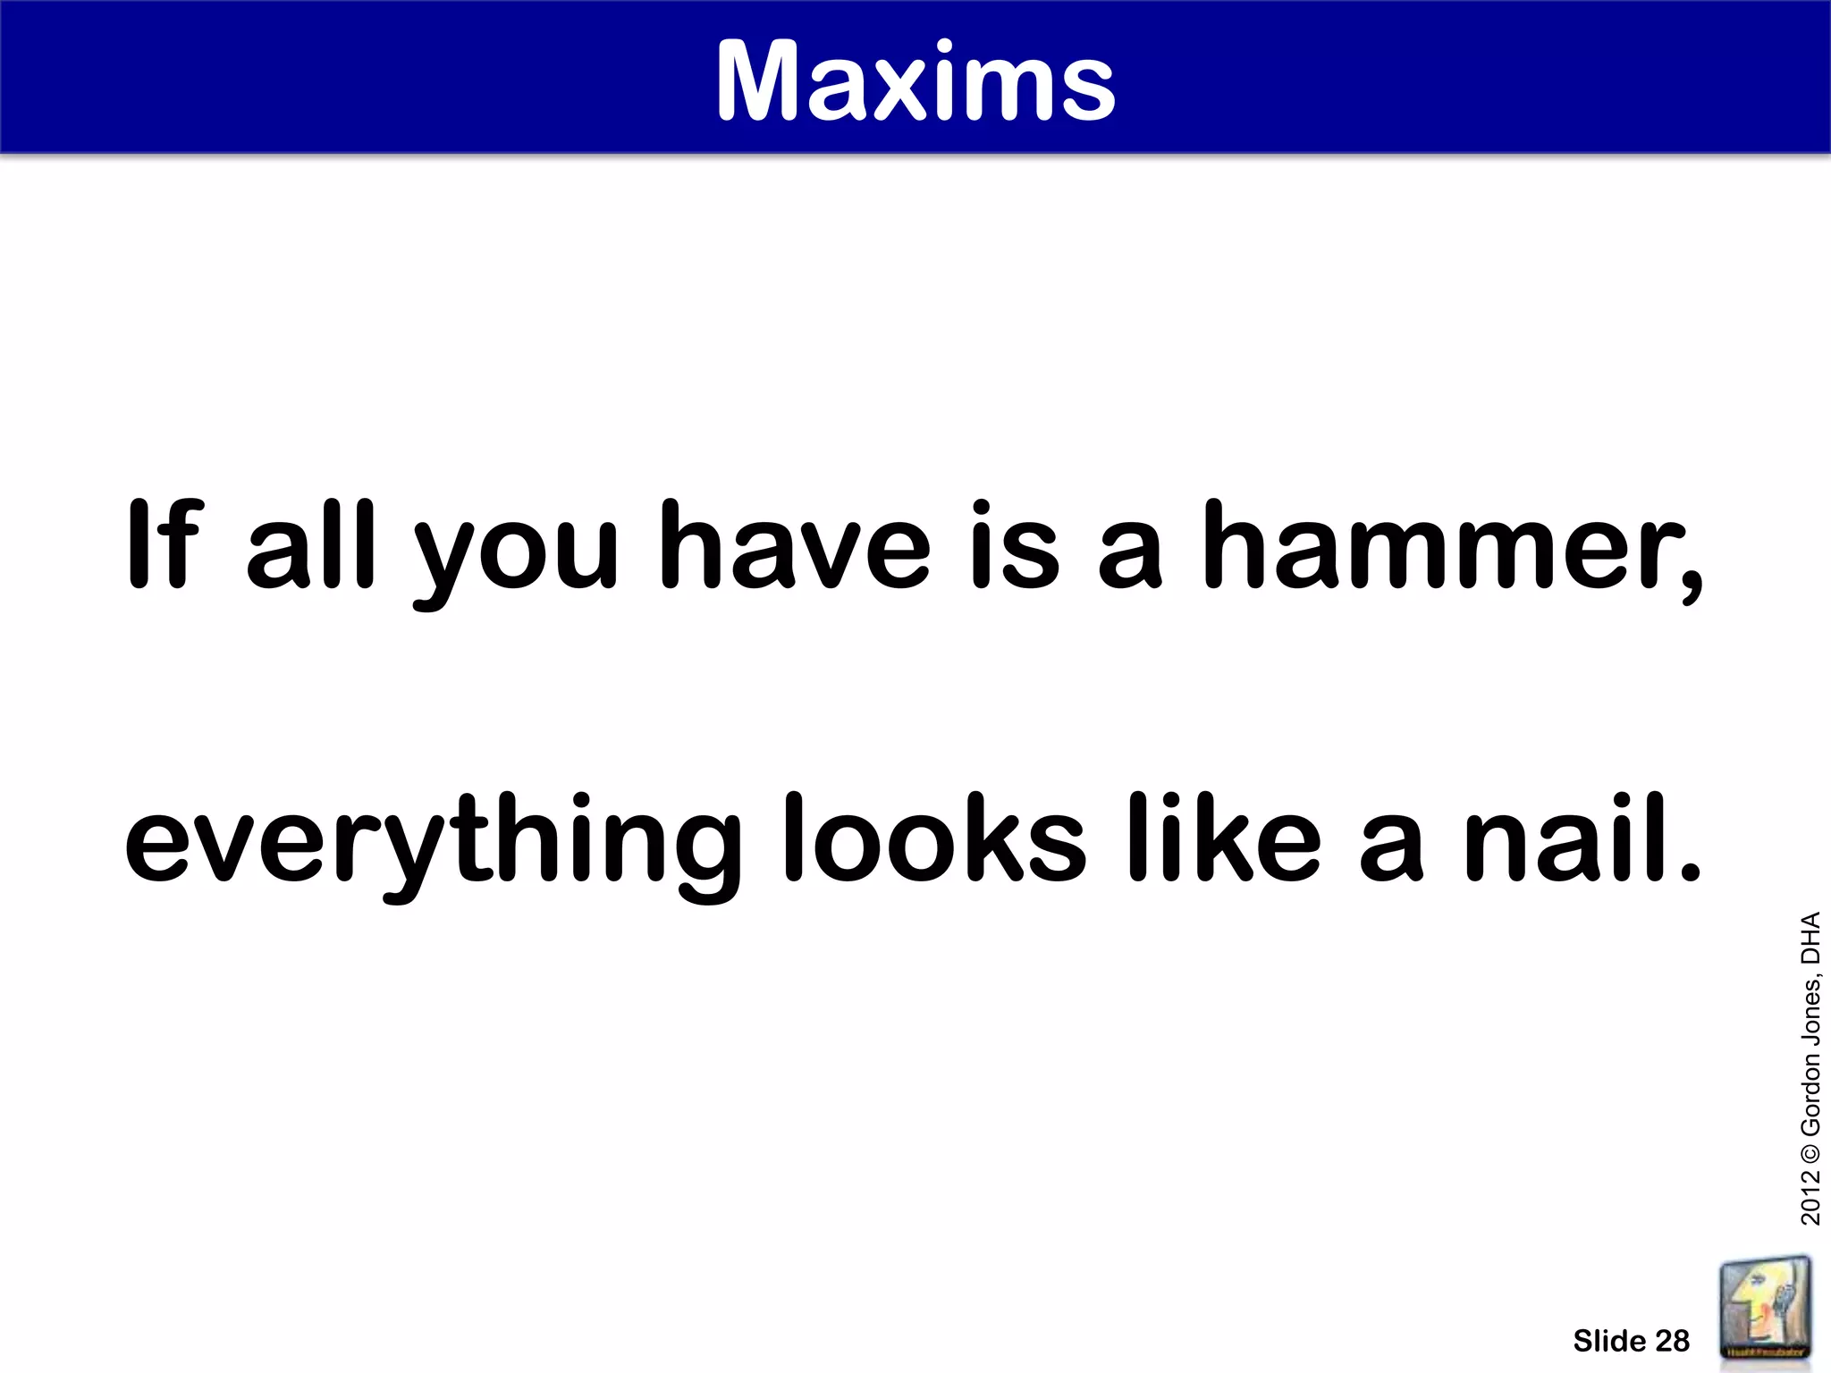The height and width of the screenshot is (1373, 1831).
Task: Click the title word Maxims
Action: click(915, 82)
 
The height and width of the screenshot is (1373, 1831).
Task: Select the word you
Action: click(516, 554)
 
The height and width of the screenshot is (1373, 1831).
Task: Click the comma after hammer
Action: click(1691, 581)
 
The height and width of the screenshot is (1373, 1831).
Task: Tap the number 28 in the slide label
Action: click(1671, 1341)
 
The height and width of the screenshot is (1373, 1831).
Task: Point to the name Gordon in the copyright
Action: click(1810, 1081)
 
